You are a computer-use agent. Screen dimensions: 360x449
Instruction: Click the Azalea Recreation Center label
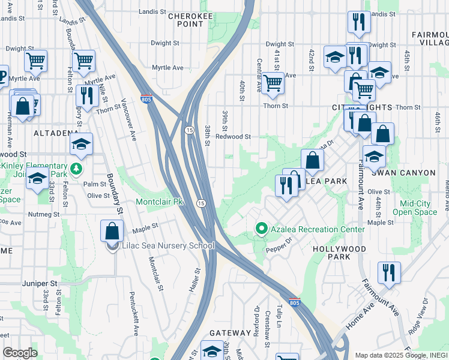tap(317, 229)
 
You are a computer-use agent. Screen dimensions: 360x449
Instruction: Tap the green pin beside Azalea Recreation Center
tap(261, 229)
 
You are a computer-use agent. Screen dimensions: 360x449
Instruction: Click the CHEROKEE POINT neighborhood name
tap(187, 19)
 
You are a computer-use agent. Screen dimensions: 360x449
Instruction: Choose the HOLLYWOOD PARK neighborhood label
tap(340, 253)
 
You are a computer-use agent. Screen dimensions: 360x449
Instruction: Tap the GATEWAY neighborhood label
tap(230, 333)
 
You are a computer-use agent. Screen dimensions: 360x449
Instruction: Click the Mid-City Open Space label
tap(415, 208)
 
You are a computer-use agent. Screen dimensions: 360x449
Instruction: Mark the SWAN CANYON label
tap(402, 172)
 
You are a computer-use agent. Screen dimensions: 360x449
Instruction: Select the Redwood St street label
tap(233, 136)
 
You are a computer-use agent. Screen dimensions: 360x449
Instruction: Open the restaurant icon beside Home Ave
tap(389, 272)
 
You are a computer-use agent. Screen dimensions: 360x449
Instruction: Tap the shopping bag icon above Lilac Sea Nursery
tap(112, 230)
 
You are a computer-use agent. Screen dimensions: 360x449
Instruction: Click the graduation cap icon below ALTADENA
tap(81, 144)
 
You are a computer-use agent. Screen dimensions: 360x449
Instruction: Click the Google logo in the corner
tap(20, 353)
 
